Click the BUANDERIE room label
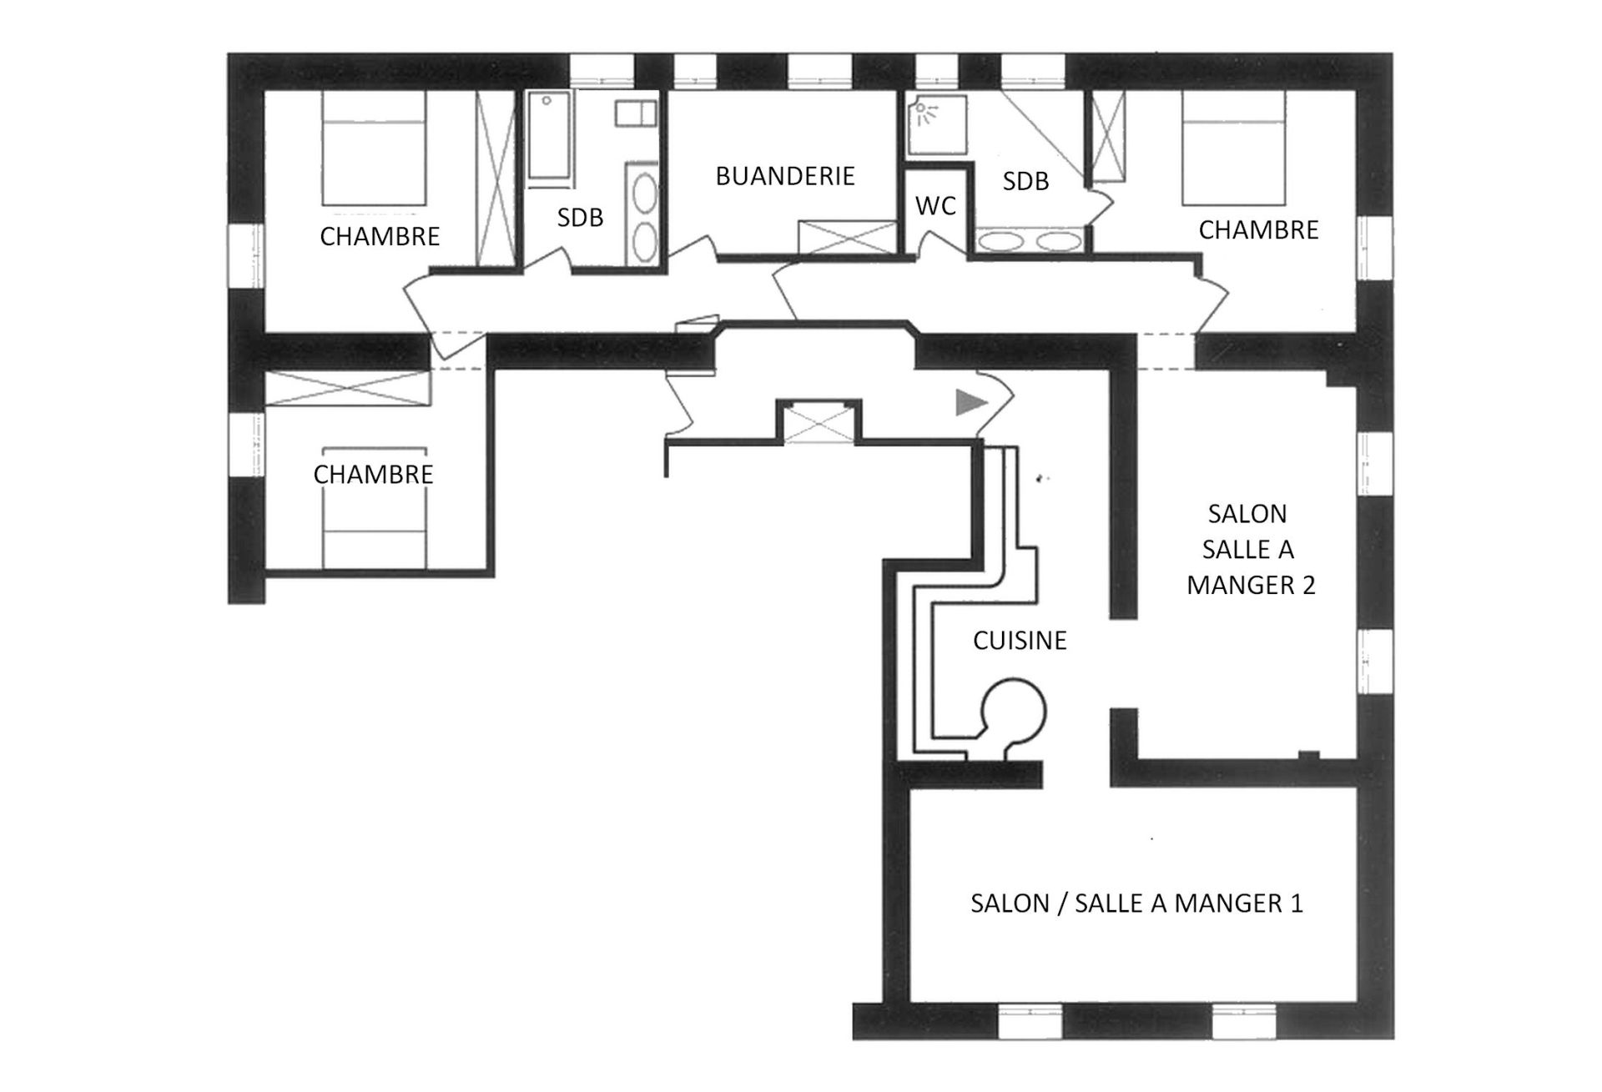pos(785,176)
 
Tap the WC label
pos(935,206)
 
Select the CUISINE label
pos(1020,641)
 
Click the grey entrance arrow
pos(970,403)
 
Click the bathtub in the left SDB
pos(550,137)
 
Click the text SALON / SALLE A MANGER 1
pos(1136,903)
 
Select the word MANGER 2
pos(1251,586)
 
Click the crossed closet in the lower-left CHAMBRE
pos(347,389)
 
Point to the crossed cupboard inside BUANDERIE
pos(847,237)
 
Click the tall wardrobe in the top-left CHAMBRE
pos(496,178)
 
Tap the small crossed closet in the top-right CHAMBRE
pos(1109,136)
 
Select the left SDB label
pos(580,218)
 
